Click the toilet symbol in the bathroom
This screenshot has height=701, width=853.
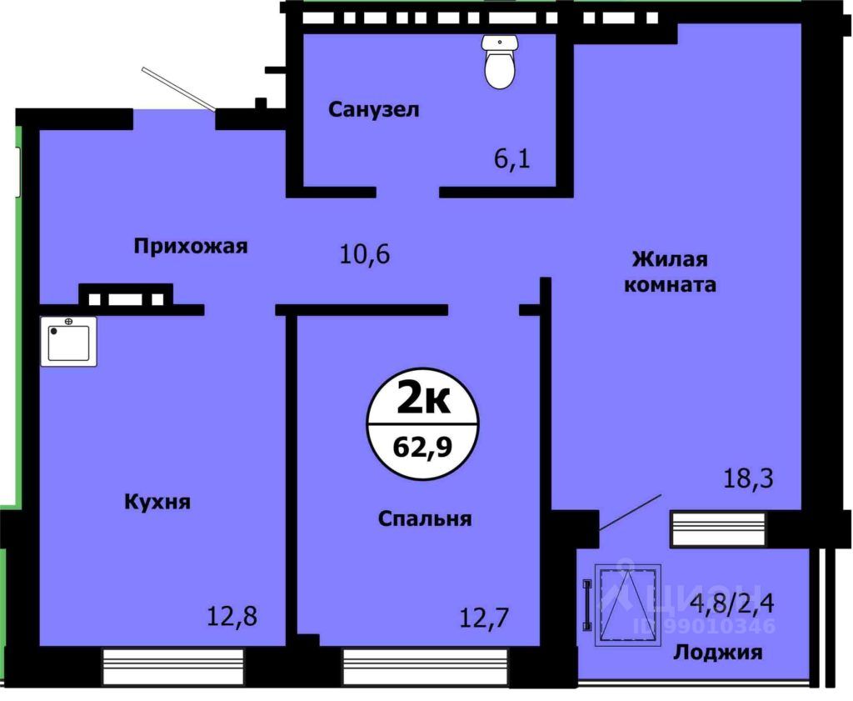pyautogui.click(x=500, y=63)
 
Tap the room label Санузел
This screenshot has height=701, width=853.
pyautogui.click(x=373, y=109)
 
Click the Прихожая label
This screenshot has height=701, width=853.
pyautogui.click(x=191, y=246)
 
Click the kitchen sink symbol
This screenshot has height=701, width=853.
pyautogui.click(x=68, y=341)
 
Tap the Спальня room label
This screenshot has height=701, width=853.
pyautogui.click(x=425, y=518)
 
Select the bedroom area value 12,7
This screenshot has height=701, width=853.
pyautogui.click(x=485, y=618)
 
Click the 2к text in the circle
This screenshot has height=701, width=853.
pyautogui.click(x=422, y=401)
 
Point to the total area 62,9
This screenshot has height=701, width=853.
pyautogui.click(x=422, y=448)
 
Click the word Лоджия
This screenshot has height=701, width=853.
pyautogui.click(x=717, y=652)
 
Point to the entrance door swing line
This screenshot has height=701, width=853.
pyautogui.click(x=178, y=88)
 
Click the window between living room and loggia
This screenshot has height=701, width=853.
pyautogui.click(x=717, y=529)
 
